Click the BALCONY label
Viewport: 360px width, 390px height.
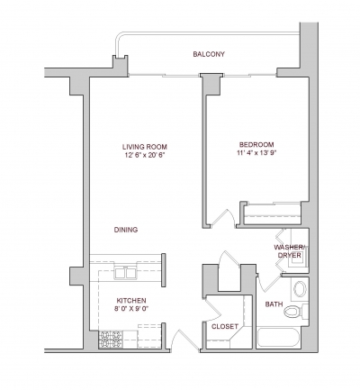click(208, 55)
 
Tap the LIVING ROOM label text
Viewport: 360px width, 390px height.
click(145, 147)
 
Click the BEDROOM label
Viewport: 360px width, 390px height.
click(256, 144)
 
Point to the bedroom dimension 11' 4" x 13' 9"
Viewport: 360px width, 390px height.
click(256, 154)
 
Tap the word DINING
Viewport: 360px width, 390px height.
click(125, 230)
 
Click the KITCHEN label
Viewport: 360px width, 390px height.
click(130, 301)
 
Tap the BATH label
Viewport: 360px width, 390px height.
click(273, 304)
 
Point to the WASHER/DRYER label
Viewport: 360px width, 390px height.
click(290, 251)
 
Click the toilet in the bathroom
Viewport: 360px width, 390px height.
click(301, 289)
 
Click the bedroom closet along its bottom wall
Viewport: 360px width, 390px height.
click(273, 213)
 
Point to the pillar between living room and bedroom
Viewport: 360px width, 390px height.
click(209, 84)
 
